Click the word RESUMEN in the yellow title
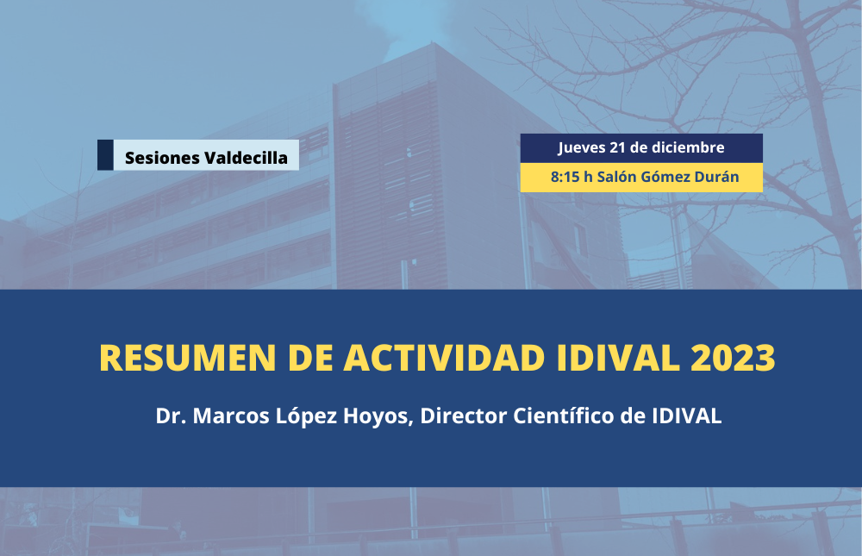tap(187, 358)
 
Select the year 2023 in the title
tap(732, 358)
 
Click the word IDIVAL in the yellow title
tap(618, 358)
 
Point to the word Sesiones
tap(162, 158)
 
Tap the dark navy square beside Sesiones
tap(105, 155)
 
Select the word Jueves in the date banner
tap(582, 148)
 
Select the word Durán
tap(717, 177)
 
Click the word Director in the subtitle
tap(464, 415)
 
